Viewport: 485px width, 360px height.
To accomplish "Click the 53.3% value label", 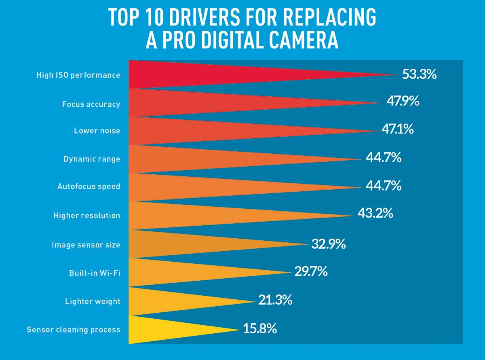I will click(419, 74).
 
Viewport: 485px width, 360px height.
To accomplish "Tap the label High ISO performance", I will click(78, 75).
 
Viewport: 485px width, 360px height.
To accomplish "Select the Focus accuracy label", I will click(91, 104).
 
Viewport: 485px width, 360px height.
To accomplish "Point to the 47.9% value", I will click(403, 101).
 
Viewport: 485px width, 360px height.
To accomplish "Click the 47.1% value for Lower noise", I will click(397, 129).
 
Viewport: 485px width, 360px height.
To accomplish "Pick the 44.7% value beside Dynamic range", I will click(383, 157).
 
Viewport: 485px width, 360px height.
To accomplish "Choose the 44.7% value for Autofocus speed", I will click(383, 186).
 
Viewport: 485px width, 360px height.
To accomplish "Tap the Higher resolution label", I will click(86, 216).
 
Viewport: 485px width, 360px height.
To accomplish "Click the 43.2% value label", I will click(375, 213).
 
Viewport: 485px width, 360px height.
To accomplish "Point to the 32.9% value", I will click(328, 244).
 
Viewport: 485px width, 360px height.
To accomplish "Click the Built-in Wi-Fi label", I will click(95, 273).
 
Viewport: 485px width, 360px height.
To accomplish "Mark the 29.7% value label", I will click(310, 271).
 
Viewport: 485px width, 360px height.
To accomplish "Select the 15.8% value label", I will click(260, 328).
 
